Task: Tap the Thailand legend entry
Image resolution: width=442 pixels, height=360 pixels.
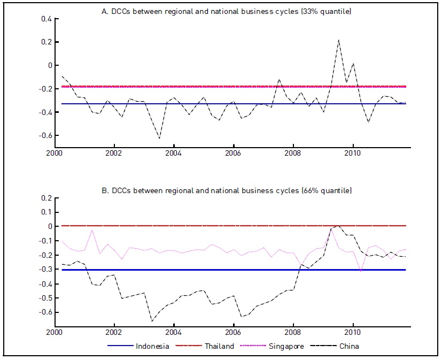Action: [219, 346]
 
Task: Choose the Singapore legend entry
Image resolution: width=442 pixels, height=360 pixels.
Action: [285, 346]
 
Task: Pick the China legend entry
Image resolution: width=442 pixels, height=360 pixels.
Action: [349, 346]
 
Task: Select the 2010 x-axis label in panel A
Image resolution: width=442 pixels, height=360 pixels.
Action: [352, 154]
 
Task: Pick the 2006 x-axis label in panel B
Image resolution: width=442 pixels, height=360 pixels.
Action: [233, 332]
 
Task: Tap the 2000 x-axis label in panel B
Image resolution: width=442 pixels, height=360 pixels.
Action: [54, 332]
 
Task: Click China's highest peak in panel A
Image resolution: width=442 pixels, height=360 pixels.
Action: [338, 40]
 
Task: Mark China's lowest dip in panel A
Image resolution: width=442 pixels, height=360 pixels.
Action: [159, 139]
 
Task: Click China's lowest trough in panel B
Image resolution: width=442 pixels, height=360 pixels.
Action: [152, 321]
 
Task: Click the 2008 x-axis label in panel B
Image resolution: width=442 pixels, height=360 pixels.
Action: [293, 332]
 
